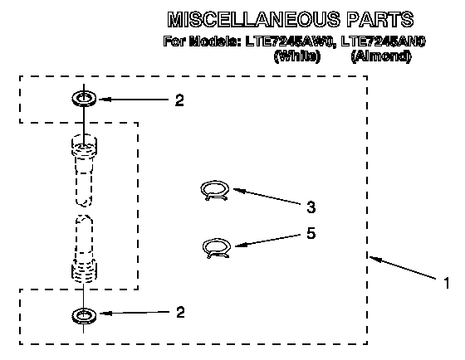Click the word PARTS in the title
(x=380, y=19)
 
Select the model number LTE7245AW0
(x=291, y=41)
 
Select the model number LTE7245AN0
(x=383, y=41)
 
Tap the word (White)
(x=297, y=56)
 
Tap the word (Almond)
(x=381, y=56)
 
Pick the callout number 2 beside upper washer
(x=179, y=100)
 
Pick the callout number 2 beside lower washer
(x=180, y=312)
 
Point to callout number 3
(x=311, y=207)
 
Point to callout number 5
(x=311, y=233)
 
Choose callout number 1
(x=447, y=283)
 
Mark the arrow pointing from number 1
(x=403, y=268)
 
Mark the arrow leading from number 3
(x=267, y=196)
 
